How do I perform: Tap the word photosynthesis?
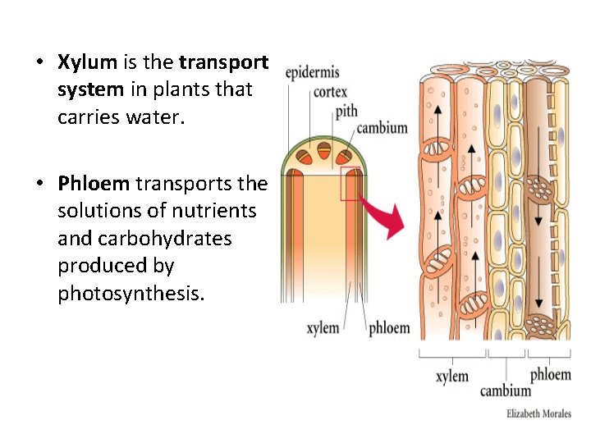(130, 294)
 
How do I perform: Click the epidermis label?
(312, 73)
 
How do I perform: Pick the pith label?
(346, 110)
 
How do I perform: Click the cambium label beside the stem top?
(382, 127)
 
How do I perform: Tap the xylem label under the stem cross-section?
(323, 327)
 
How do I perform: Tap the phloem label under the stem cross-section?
(389, 327)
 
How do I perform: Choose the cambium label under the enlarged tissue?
(506, 390)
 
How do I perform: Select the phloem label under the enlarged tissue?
(550, 375)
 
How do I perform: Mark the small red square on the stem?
(350, 183)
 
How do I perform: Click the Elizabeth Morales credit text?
(538, 413)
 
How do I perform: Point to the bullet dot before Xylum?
(39, 62)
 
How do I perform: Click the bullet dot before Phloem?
(39, 183)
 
